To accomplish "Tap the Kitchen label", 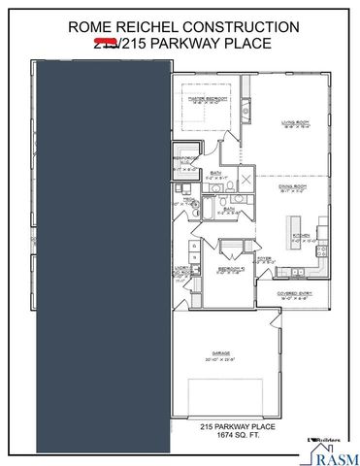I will click(x=302, y=233).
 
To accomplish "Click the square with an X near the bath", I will click(x=245, y=181).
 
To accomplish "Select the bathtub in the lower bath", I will click(x=210, y=212).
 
